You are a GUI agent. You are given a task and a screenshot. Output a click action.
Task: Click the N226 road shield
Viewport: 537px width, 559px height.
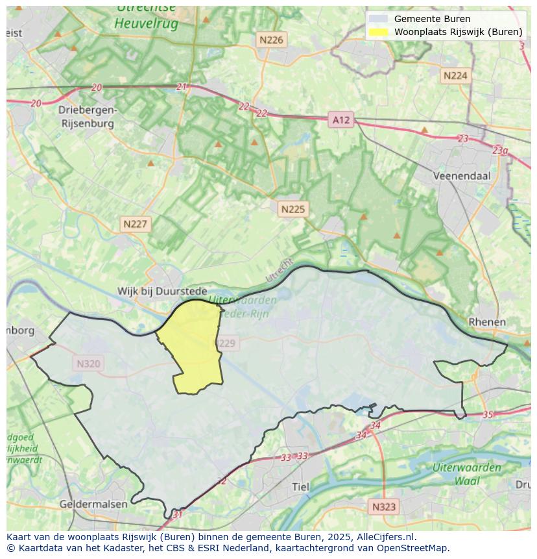pos(271,40)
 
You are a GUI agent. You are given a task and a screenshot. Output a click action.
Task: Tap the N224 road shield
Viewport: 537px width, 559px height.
pos(455,76)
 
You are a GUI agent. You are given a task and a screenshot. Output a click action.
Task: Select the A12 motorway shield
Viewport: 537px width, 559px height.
pos(340,119)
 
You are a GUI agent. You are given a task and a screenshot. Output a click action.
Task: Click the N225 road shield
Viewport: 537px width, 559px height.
pos(292,209)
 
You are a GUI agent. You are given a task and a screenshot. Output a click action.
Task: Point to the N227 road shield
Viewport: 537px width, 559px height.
pos(136,225)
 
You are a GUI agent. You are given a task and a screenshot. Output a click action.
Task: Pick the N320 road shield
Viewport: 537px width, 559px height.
pos(88,364)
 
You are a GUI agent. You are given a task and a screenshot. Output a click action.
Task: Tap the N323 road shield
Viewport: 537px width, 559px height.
pos(384,506)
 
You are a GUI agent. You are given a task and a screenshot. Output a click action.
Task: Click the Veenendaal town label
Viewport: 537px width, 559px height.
pos(462,176)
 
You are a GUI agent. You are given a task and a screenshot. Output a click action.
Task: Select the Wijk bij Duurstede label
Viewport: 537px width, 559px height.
pos(162,292)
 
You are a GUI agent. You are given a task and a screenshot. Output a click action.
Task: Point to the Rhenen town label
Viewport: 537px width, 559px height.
pos(487,322)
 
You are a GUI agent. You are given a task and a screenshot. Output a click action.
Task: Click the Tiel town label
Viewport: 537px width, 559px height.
pos(301,487)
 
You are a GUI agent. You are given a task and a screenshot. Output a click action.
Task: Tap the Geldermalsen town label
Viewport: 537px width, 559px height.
pos(91,504)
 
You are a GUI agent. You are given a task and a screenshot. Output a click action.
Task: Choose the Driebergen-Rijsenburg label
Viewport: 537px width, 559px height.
pos(87,116)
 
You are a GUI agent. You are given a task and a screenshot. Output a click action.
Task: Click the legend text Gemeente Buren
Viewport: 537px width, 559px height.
pos(432,19)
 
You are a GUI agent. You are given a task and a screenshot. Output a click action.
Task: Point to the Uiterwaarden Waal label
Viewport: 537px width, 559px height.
pos(467,474)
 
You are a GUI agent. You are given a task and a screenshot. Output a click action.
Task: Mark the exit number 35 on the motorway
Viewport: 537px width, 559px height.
pos(488,415)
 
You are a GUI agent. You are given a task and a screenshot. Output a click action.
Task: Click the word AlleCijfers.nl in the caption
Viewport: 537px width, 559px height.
pos(382,537)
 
